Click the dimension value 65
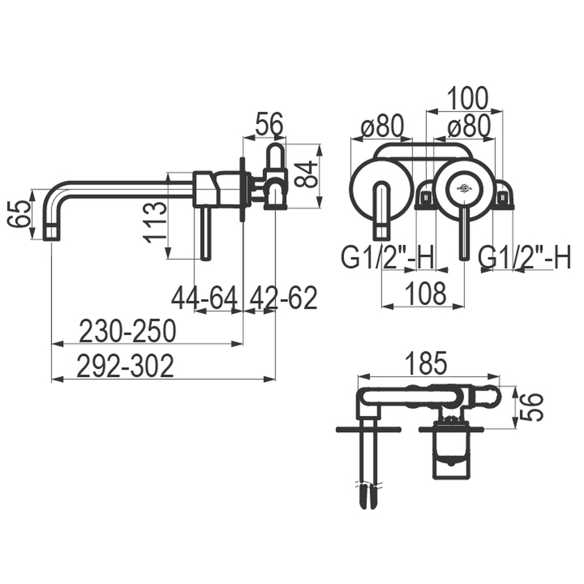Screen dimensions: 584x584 click(x=19, y=214)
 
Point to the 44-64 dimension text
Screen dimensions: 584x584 click(x=204, y=298)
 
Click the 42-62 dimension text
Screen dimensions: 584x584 click(x=283, y=298)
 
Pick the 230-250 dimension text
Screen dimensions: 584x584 click(x=127, y=331)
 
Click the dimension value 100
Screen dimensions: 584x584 click(x=467, y=98)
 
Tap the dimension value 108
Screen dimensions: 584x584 click(x=426, y=293)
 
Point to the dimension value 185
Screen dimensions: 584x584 click(x=426, y=363)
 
